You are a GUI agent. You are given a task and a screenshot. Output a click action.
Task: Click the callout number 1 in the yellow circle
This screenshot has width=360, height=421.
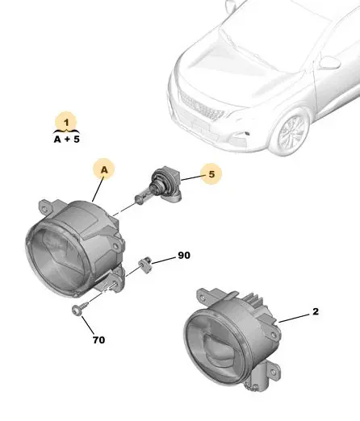coord(66,123)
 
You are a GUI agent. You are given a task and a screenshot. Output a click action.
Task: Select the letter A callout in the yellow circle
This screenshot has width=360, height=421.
coord(104,170)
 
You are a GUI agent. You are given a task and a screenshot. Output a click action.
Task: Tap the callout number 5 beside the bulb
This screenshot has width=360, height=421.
coord(211,174)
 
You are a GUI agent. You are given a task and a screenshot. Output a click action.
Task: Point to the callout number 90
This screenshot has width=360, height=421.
coord(184,255)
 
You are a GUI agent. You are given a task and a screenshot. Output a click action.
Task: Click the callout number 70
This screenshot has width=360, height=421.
coord(98,340)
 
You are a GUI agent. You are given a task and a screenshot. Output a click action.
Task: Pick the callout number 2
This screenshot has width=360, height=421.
coord(316,311)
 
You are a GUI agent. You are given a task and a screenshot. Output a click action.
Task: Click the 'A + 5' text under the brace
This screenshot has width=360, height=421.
coord(67,140)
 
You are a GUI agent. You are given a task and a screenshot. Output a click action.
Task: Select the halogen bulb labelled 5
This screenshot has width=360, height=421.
coord(159,186)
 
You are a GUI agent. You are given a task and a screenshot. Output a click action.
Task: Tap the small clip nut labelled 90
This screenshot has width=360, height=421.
coord(144,265)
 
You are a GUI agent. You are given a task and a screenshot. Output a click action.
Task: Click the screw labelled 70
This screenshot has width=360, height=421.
coord(80,308)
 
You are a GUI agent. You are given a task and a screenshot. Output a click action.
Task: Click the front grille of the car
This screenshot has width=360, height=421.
coord(201,106)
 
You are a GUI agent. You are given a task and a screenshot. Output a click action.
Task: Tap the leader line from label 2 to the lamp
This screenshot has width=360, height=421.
coord(295,318)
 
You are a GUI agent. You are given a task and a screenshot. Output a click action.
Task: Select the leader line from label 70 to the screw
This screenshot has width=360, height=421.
coord(88,325)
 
